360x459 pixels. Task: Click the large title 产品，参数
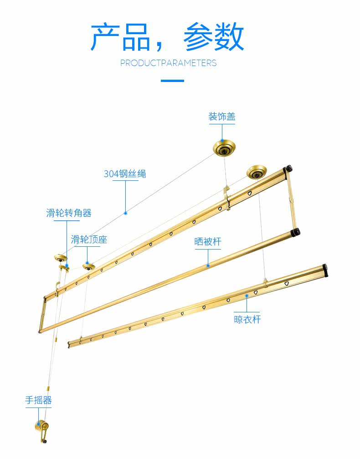click(x=167, y=37)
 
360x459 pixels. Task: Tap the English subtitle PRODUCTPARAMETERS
click(x=169, y=63)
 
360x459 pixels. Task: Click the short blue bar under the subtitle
click(x=172, y=81)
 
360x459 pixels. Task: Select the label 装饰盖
click(x=222, y=117)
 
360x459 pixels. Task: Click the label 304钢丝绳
click(x=125, y=173)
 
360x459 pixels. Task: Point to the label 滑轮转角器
click(x=69, y=213)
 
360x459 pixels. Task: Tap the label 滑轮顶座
click(x=89, y=240)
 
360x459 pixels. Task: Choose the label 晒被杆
click(x=208, y=241)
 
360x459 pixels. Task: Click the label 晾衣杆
click(x=247, y=319)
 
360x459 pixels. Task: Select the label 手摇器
click(x=38, y=400)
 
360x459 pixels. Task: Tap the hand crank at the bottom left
click(x=42, y=431)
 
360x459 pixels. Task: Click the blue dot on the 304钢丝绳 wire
click(x=126, y=213)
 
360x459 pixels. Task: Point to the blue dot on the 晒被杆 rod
click(x=208, y=265)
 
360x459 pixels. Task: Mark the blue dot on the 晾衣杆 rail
click(x=247, y=296)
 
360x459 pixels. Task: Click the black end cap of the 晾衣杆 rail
click(x=325, y=270)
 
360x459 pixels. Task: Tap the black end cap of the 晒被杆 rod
click(x=295, y=232)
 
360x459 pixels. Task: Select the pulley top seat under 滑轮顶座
click(x=89, y=267)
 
